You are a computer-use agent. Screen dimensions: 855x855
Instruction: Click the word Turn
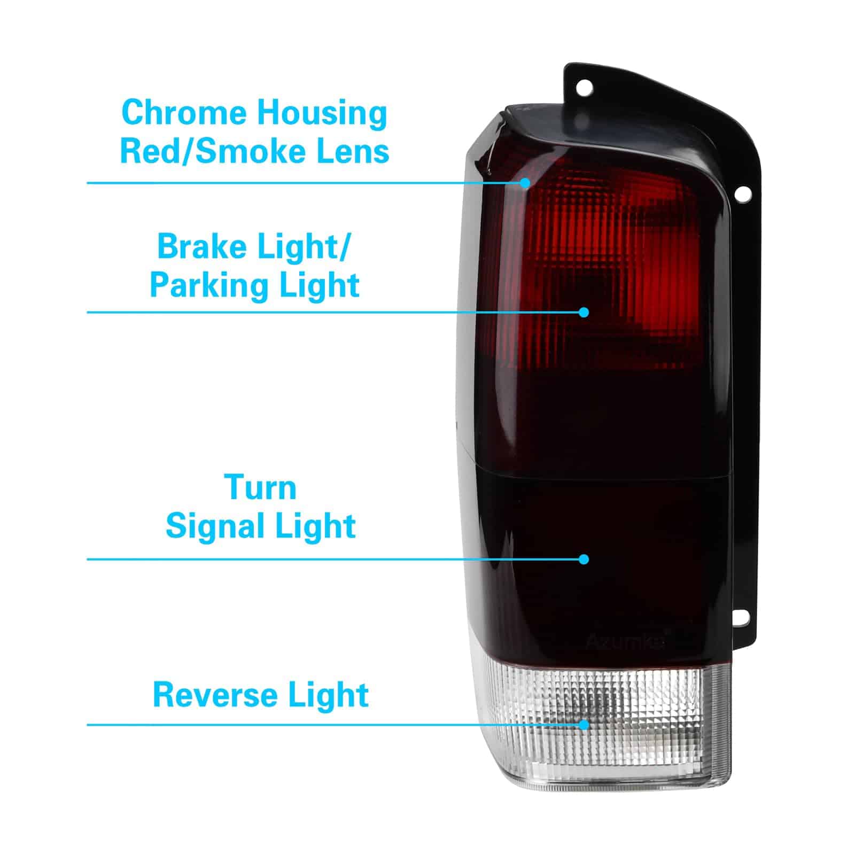[260, 487]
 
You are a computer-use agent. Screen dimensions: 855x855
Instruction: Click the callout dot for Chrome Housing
[526, 183]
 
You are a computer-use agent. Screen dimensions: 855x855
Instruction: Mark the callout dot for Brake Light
[584, 312]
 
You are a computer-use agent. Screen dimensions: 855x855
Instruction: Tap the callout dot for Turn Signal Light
[584, 559]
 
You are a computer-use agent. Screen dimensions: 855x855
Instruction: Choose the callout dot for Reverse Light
[584, 725]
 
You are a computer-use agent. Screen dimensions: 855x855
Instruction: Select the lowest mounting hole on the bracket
[743, 617]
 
